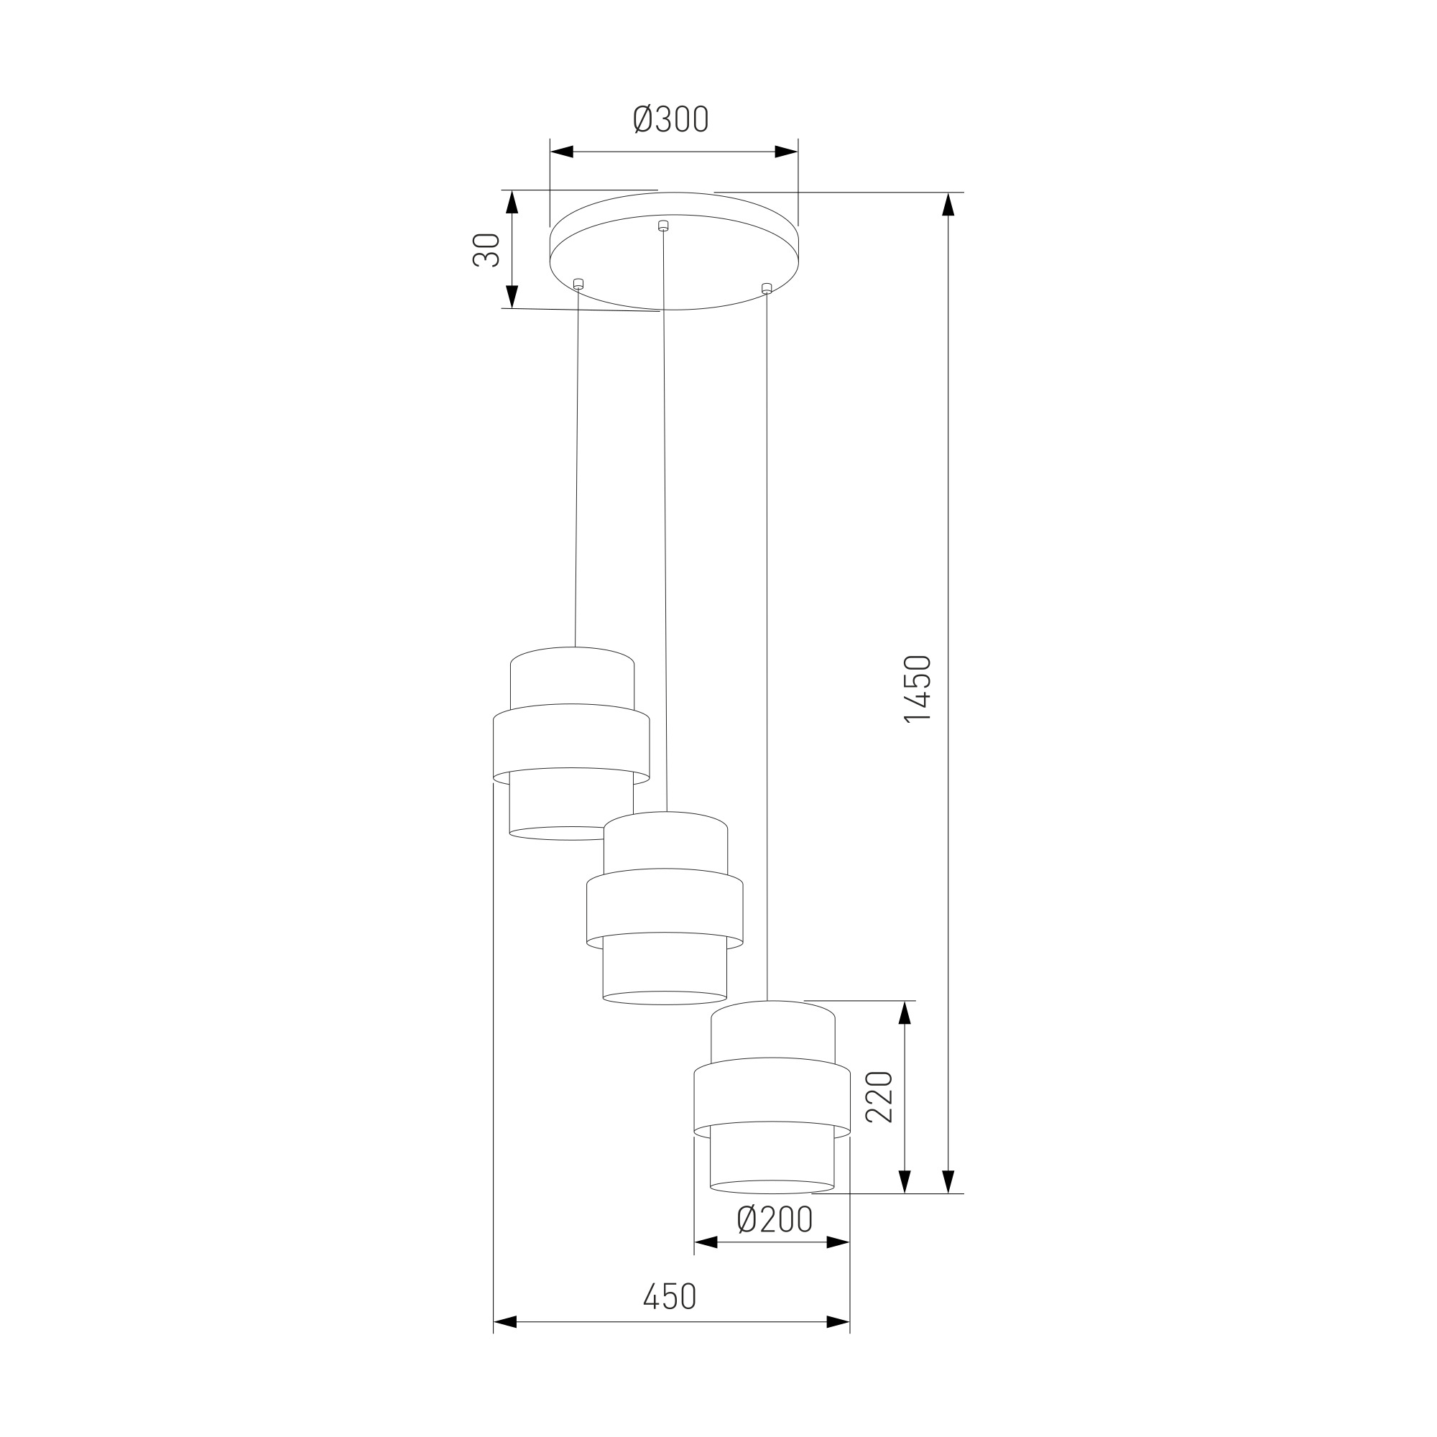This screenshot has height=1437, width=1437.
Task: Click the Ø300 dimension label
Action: pos(671,120)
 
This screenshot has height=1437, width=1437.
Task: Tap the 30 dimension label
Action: pos(486,250)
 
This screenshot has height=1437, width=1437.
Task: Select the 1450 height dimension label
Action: pos(917,689)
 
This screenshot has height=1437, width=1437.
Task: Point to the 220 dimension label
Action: pos(879,1097)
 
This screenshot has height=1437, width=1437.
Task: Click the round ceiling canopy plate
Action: pos(673,251)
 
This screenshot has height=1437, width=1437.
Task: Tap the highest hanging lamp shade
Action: pos(571,744)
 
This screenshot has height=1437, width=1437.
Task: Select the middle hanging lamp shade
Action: pos(665,908)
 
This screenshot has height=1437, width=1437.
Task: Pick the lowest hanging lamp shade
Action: pos(772,1097)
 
